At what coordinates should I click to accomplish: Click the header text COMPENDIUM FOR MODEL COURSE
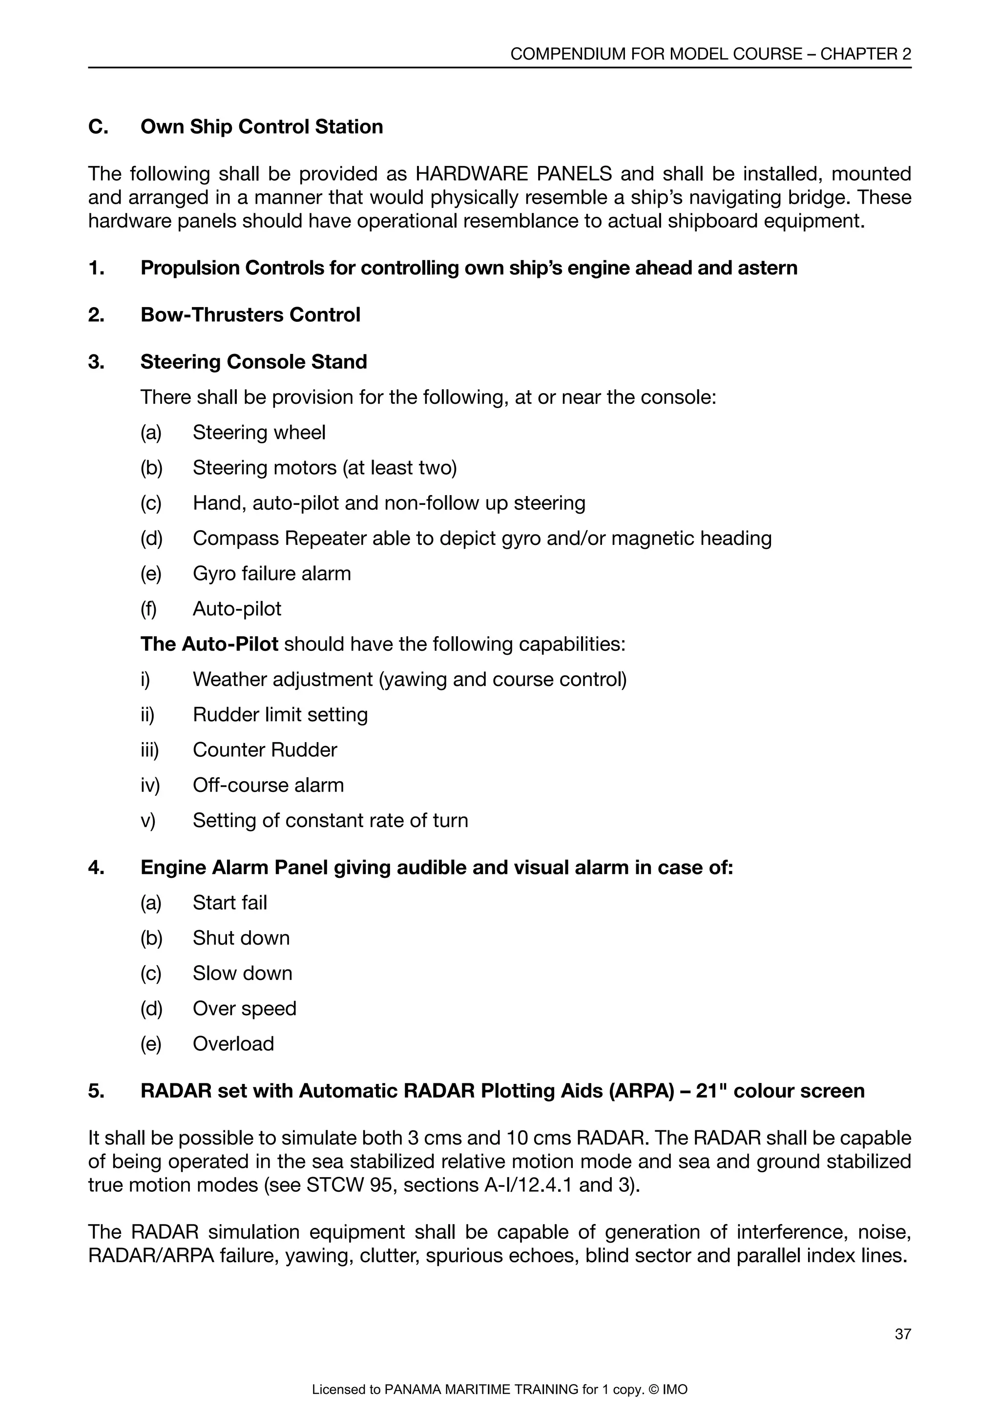[x=656, y=54]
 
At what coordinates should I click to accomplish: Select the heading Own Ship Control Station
[x=261, y=126]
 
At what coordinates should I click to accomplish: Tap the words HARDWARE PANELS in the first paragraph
[x=514, y=174]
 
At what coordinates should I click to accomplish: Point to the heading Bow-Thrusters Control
[x=250, y=315]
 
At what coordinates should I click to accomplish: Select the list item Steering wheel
[x=259, y=432]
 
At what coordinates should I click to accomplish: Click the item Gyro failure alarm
[x=271, y=573]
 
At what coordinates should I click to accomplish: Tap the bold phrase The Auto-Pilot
[x=209, y=644]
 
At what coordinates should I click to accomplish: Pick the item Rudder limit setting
[x=280, y=714]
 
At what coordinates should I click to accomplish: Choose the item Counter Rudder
[x=265, y=750]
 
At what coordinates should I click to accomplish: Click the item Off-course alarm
[x=268, y=785]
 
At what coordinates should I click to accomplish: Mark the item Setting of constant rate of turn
[x=330, y=820]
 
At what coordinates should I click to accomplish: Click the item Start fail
[x=229, y=903]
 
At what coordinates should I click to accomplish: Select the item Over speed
[x=245, y=1009]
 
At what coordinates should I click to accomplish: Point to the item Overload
[x=233, y=1044]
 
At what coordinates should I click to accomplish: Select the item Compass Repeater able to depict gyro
[x=481, y=538]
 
